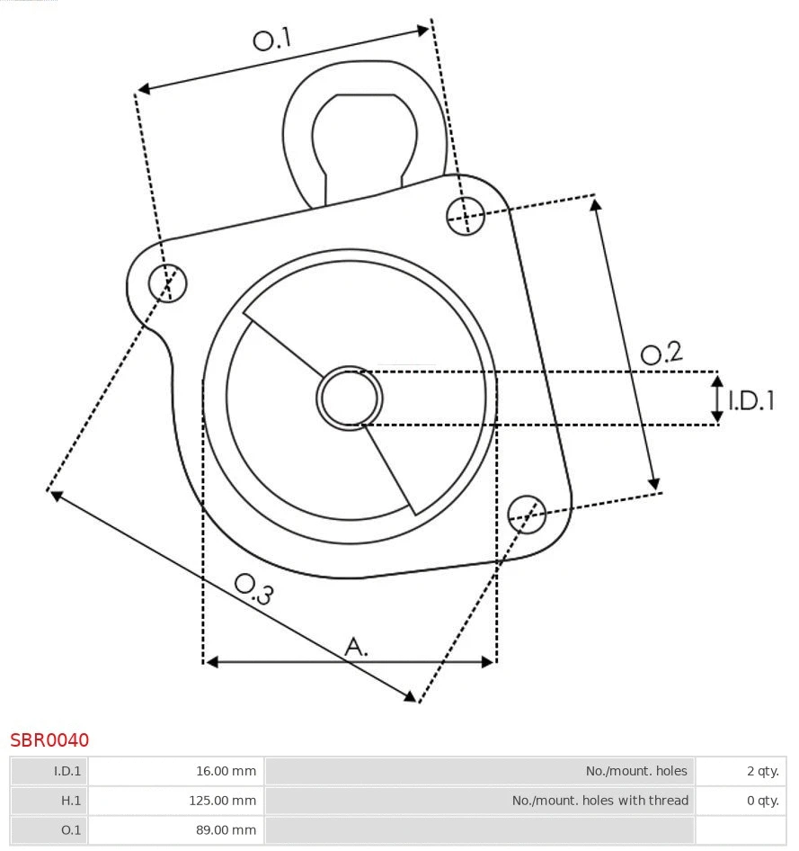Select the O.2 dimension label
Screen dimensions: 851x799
coord(661,354)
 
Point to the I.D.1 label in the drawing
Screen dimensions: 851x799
coord(750,400)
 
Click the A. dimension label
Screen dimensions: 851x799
coord(357,646)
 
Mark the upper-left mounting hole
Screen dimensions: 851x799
coord(168,283)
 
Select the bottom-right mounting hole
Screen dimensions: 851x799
coord(527,512)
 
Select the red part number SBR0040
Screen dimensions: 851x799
coord(49,740)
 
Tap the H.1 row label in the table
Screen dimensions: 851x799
coord(70,801)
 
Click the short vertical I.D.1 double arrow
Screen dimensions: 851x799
coord(717,399)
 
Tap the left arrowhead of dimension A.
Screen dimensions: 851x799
coord(211,662)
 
